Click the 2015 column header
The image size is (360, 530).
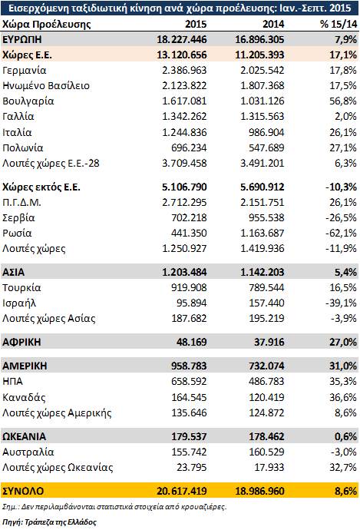coord(196,24)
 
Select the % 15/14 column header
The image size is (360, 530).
coord(339,24)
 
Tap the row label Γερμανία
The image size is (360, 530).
coord(25,71)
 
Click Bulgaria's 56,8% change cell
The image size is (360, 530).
coord(343,101)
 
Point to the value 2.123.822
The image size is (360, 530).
coord(184,85)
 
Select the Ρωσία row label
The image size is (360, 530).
coord(17,234)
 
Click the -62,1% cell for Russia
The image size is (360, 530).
coord(341,234)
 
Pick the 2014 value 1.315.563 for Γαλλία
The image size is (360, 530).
coord(262,117)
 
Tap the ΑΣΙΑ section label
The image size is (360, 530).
coord(14,272)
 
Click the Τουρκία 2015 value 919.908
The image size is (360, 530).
coord(189,287)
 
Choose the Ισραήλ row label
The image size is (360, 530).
coord(19,303)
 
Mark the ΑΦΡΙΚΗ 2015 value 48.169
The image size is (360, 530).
coord(191,342)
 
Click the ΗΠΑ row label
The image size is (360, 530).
coord(12,381)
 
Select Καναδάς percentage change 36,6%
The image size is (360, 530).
coord(343,397)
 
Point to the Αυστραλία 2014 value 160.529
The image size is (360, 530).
coord(266,452)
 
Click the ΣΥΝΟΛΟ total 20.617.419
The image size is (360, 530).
coord(182,491)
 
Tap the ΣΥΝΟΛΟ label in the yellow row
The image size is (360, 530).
coord(23,491)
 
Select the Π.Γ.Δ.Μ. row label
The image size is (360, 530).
coord(21,203)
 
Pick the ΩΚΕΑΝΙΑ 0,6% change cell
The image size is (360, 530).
coord(345,436)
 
